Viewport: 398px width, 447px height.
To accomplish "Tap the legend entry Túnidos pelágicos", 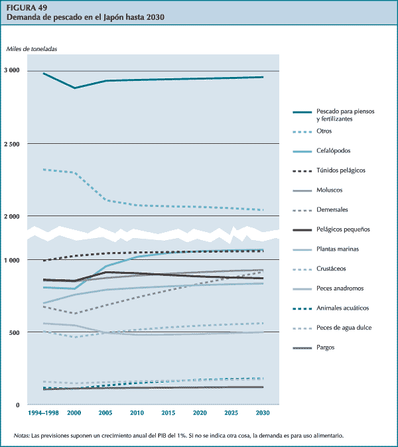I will [x=340, y=170].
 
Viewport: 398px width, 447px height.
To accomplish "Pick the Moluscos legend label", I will [x=330, y=190].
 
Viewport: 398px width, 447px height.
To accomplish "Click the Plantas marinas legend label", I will [x=338, y=249].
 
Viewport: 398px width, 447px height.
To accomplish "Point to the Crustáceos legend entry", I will [x=332, y=269].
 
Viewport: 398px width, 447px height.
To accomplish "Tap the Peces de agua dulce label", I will [x=344, y=328].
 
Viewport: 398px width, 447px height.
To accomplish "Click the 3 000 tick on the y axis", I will [x=12, y=71].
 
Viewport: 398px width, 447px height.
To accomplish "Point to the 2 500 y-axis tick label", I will [x=12, y=144].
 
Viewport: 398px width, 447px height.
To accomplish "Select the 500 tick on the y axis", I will [x=15, y=332].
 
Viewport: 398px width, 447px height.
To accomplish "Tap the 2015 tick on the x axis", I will [x=168, y=413].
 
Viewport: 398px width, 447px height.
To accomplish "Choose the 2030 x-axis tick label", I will [x=262, y=413].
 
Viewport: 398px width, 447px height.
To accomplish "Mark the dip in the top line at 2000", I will [x=74, y=88].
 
